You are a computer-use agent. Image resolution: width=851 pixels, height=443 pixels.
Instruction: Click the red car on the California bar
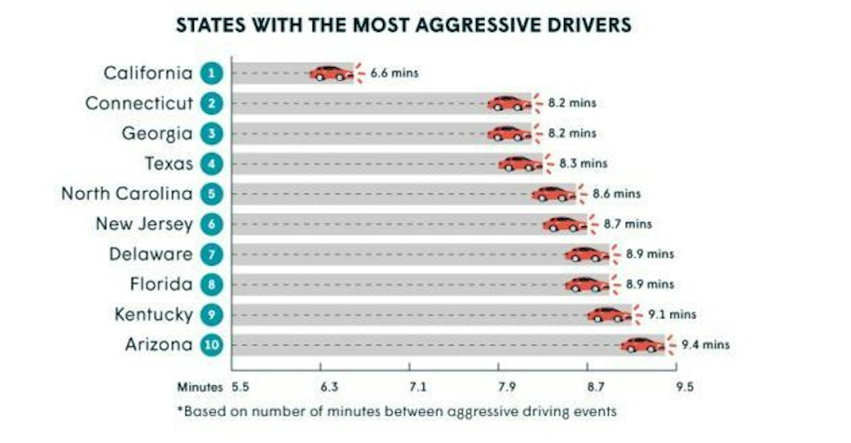point(331,73)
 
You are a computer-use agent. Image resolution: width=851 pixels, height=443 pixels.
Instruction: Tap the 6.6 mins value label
point(394,73)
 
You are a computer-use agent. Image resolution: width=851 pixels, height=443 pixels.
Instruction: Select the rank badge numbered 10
point(212,345)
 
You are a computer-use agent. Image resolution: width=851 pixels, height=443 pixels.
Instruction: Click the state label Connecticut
point(139,104)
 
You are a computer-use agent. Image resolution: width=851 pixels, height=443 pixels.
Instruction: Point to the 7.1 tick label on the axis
point(418,387)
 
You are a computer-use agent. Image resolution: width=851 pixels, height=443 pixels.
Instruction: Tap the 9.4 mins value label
point(706,345)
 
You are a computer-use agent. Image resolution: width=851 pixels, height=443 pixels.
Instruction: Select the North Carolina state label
point(127,194)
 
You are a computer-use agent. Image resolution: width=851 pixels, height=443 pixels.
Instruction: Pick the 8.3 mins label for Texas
point(583,163)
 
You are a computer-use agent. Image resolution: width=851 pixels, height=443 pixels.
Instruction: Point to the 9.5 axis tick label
point(685,387)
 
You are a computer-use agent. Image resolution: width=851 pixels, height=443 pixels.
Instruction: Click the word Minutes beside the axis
point(200,387)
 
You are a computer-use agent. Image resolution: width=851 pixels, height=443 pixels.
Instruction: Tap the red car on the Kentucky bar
point(609,315)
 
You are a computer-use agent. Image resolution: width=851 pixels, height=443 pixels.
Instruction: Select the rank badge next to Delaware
point(212,254)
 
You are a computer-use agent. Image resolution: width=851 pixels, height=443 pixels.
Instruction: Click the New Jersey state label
point(144,224)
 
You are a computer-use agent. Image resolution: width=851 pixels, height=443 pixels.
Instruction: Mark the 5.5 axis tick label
point(240,387)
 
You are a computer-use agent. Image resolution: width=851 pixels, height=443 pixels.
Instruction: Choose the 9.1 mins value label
point(672,315)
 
